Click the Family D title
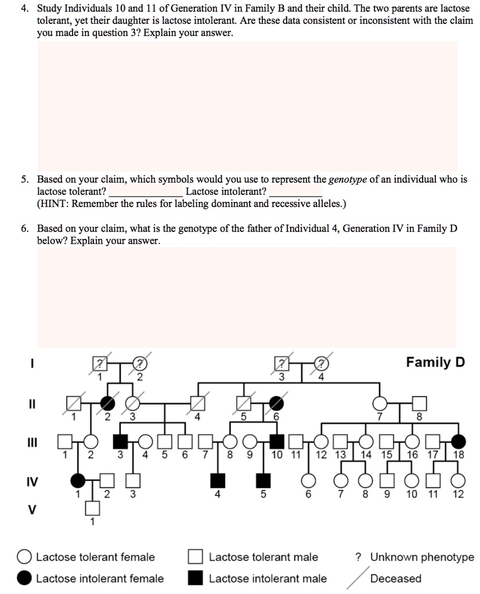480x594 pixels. pos(435,363)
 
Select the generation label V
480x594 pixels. pos(33,510)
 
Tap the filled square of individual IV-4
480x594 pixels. pos(218,480)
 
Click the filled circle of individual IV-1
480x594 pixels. pos(77,480)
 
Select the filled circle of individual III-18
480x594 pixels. pos(459,440)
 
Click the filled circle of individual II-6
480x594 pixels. pos(276,401)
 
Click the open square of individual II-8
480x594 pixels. pos(420,402)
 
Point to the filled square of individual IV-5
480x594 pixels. pos(264,480)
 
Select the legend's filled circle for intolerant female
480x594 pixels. pos(24,578)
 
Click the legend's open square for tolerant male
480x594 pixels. pos(196,557)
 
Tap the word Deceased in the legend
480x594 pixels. pos(396,578)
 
